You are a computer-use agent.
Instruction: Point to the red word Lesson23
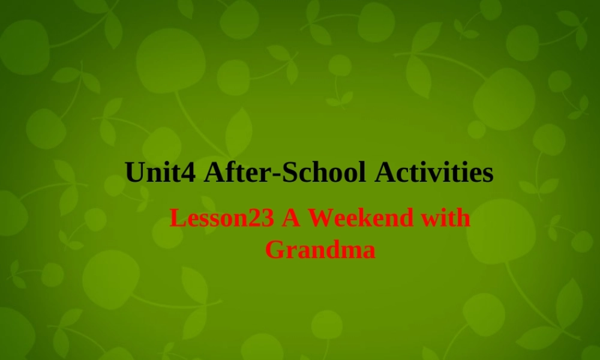tap(222, 218)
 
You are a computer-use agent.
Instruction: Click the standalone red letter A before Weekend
tap(292, 218)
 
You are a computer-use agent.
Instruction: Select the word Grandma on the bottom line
tap(320, 249)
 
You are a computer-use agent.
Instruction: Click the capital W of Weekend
tap(320, 218)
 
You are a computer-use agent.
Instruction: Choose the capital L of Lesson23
tap(176, 218)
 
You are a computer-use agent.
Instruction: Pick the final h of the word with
tap(463, 218)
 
